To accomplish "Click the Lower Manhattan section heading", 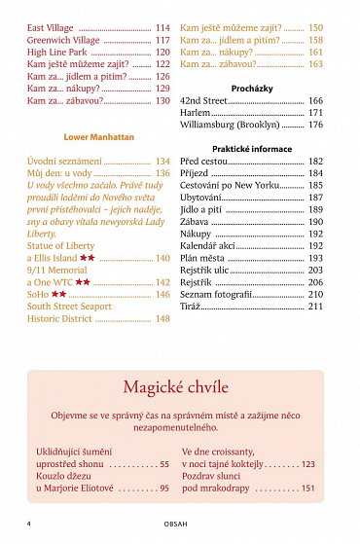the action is point(99,137).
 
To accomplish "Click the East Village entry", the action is point(51,28).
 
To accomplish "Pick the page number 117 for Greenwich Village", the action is point(162,41).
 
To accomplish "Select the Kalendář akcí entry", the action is point(211,246).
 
